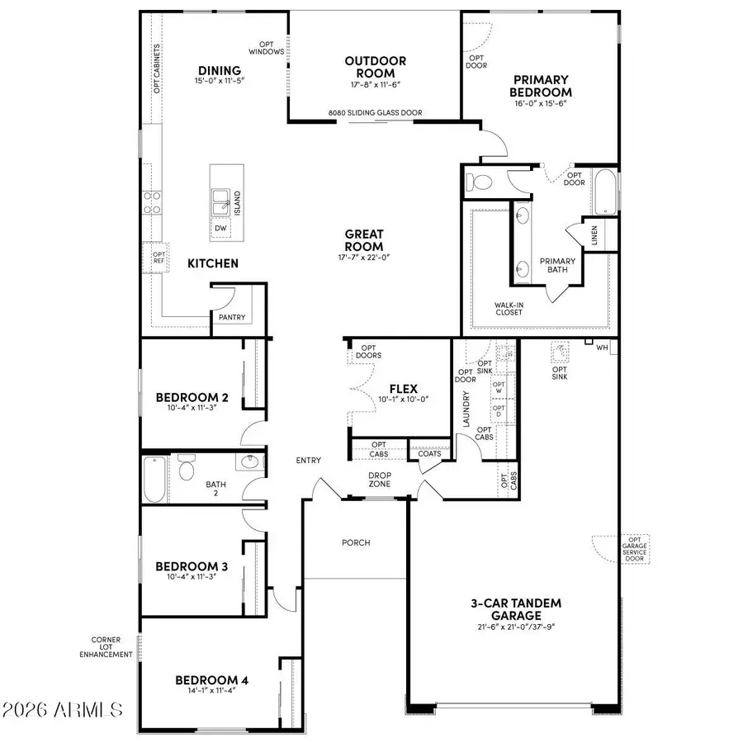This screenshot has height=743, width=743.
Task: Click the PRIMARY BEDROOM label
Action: [540, 86]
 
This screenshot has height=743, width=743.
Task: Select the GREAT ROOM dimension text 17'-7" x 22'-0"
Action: [364, 258]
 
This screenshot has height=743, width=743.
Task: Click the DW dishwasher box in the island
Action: [220, 228]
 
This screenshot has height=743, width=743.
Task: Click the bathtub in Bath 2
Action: [154, 480]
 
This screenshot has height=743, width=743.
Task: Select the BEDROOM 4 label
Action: [211, 680]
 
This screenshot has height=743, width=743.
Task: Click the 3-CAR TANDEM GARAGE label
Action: [513, 609]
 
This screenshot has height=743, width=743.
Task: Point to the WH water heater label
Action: [602, 348]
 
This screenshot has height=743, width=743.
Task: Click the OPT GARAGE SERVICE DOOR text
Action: [635, 548]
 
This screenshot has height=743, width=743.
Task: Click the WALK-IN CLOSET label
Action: [509, 308]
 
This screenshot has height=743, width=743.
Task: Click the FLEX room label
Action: [404, 389]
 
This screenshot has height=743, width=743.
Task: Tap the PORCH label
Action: [356, 542]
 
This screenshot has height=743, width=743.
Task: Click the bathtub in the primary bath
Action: [605, 191]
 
